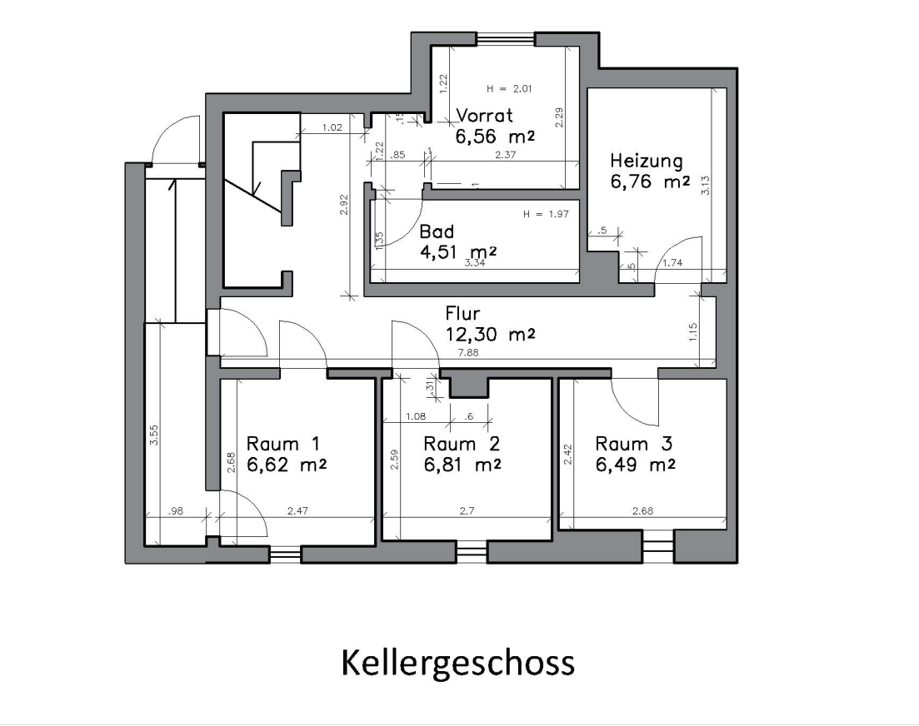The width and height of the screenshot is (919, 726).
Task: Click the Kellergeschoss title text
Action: point(457,664)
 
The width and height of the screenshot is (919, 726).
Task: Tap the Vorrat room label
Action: point(484,116)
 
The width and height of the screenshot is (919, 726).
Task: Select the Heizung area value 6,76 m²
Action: point(650,181)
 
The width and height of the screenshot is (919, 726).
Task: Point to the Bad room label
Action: point(437,231)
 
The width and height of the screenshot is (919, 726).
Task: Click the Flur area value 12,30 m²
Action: point(490,335)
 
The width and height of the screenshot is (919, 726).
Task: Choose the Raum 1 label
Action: point(283,443)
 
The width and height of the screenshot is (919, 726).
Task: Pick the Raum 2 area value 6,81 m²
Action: point(462,465)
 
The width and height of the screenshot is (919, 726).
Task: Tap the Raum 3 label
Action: point(633,443)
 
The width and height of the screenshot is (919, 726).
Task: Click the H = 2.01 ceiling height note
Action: point(509,89)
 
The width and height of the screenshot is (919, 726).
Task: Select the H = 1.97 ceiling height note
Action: point(546,214)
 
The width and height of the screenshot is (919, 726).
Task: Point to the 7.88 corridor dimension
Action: point(468,352)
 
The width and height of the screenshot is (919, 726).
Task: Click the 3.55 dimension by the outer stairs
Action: point(153,435)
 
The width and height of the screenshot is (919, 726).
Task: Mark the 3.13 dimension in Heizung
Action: point(706,186)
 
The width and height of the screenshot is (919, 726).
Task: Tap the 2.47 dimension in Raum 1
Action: point(297,510)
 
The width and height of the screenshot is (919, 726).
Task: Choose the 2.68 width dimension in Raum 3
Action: point(643,510)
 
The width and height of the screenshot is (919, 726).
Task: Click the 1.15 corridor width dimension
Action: point(693,332)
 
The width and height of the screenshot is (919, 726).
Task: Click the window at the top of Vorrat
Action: point(507,39)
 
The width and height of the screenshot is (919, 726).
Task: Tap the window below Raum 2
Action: point(472,551)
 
